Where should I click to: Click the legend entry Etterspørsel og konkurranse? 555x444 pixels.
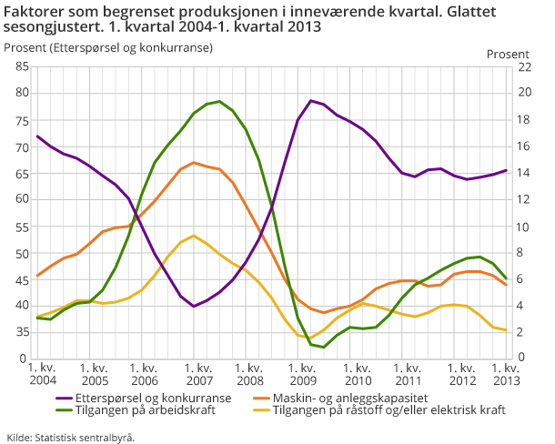coord(154,398)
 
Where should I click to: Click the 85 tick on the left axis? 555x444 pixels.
coord(23,66)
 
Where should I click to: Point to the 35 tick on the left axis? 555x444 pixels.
coord(23,332)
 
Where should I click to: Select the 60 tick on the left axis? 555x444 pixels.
coord(23,199)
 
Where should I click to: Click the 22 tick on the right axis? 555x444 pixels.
coord(523,66)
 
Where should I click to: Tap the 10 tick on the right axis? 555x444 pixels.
coord(523,226)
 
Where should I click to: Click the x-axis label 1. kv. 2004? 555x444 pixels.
coord(42,373)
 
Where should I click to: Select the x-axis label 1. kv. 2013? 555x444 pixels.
coord(505,373)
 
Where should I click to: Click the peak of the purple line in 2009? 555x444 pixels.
coord(311,100)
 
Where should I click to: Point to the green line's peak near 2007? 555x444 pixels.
coord(219,101)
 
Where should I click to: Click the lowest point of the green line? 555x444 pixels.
coord(324,347)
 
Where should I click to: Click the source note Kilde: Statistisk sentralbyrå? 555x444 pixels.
coord(71,437)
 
